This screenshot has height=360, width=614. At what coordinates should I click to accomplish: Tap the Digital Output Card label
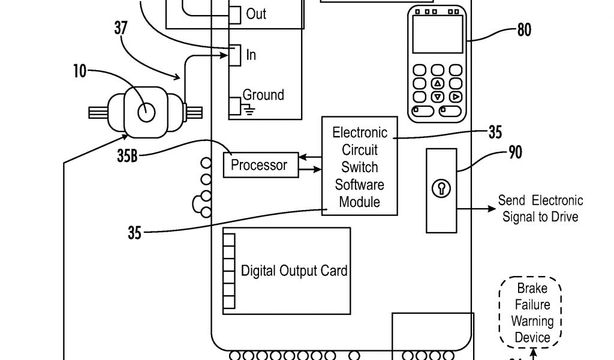pyautogui.click(x=294, y=271)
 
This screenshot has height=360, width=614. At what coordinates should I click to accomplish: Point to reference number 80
pyautogui.click(x=524, y=30)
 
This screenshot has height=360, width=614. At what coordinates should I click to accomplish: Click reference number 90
pyautogui.click(x=515, y=152)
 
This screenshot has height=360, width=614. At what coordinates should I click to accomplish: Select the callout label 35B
pyautogui.click(x=127, y=155)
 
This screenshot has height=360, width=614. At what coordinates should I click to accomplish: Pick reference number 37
pyautogui.click(x=121, y=28)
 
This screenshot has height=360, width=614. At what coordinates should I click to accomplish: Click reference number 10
pyautogui.click(x=80, y=71)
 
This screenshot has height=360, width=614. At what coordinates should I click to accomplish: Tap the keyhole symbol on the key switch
pyautogui.click(x=441, y=188)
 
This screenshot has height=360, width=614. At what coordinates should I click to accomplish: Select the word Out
pyautogui.click(x=256, y=14)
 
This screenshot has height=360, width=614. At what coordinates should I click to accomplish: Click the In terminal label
pyautogui.click(x=251, y=55)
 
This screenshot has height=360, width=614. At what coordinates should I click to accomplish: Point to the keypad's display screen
pyautogui.click(x=438, y=34)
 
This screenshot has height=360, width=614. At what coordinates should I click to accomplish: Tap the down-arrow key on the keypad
pyautogui.click(x=437, y=97)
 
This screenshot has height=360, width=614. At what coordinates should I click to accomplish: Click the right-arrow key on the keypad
pyautogui.click(x=456, y=97)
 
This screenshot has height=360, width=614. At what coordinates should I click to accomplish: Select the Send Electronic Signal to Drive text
pyautogui.click(x=540, y=208)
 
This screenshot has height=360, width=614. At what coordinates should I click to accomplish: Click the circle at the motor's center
pyautogui.click(x=146, y=112)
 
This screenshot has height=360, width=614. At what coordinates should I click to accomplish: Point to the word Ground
pyautogui.click(x=263, y=95)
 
